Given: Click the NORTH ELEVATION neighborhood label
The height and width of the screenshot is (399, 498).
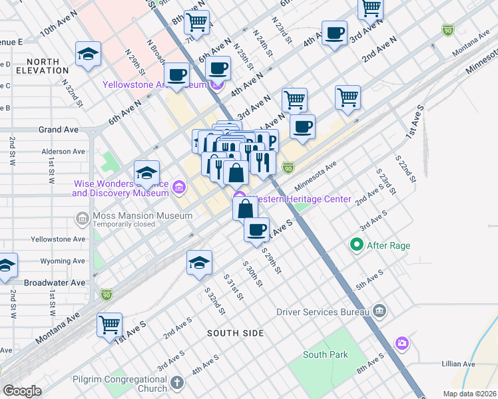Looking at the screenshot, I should pyautogui.click(x=38, y=66).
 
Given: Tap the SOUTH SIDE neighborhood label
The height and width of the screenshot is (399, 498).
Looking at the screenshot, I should pyautogui.click(x=235, y=332).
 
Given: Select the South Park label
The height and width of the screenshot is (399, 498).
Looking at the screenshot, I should pyautogui.click(x=325, y=354).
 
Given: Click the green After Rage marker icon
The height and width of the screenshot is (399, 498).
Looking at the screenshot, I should pyautogui.click(x=356, y=245).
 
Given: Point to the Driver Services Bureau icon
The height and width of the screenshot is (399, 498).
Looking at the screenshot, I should pyautogui.click(x=379, y=311).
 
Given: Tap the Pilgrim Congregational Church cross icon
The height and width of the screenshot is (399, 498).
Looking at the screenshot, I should pyautogui.click(x=176, y=382).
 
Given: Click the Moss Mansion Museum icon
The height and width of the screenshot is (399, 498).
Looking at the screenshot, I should pyautogui.click(x=82, y=217).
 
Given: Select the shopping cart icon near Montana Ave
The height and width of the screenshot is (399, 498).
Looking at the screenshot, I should pyautogui.click(x=110, y=325).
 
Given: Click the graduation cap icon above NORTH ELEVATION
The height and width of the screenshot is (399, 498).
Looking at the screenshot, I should pyautogui.click(x=88, y=55).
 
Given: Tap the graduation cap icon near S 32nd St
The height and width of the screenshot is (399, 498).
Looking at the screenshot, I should pyautogui.click(x=199, y=263).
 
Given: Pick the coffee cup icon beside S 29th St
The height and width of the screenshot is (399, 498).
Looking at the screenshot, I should pyautogui.click(x=256, y=230).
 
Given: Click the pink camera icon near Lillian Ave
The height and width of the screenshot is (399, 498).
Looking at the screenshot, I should pyautogui.click(x=401, y=343).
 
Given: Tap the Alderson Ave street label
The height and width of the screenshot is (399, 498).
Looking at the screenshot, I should pyautogui.click(x=64, y=152).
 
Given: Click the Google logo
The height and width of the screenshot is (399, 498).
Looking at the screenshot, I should pyautogui.click(x=22, y=390).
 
